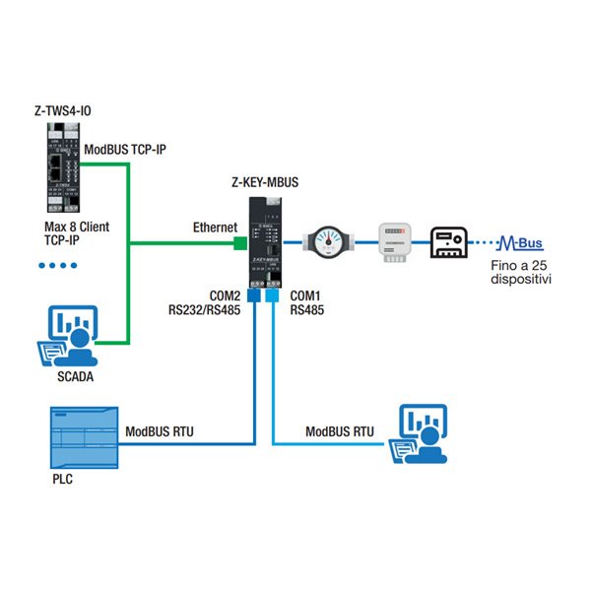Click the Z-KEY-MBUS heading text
click(x=264, y=181)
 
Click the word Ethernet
click(x=215, y=228)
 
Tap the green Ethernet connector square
click(x=237, y=241)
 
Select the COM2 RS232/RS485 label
click(x=204, y=302)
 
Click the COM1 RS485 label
click(x=305, y=302)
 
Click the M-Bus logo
click(x=519, y=242)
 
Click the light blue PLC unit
click(x=83, y=436)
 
